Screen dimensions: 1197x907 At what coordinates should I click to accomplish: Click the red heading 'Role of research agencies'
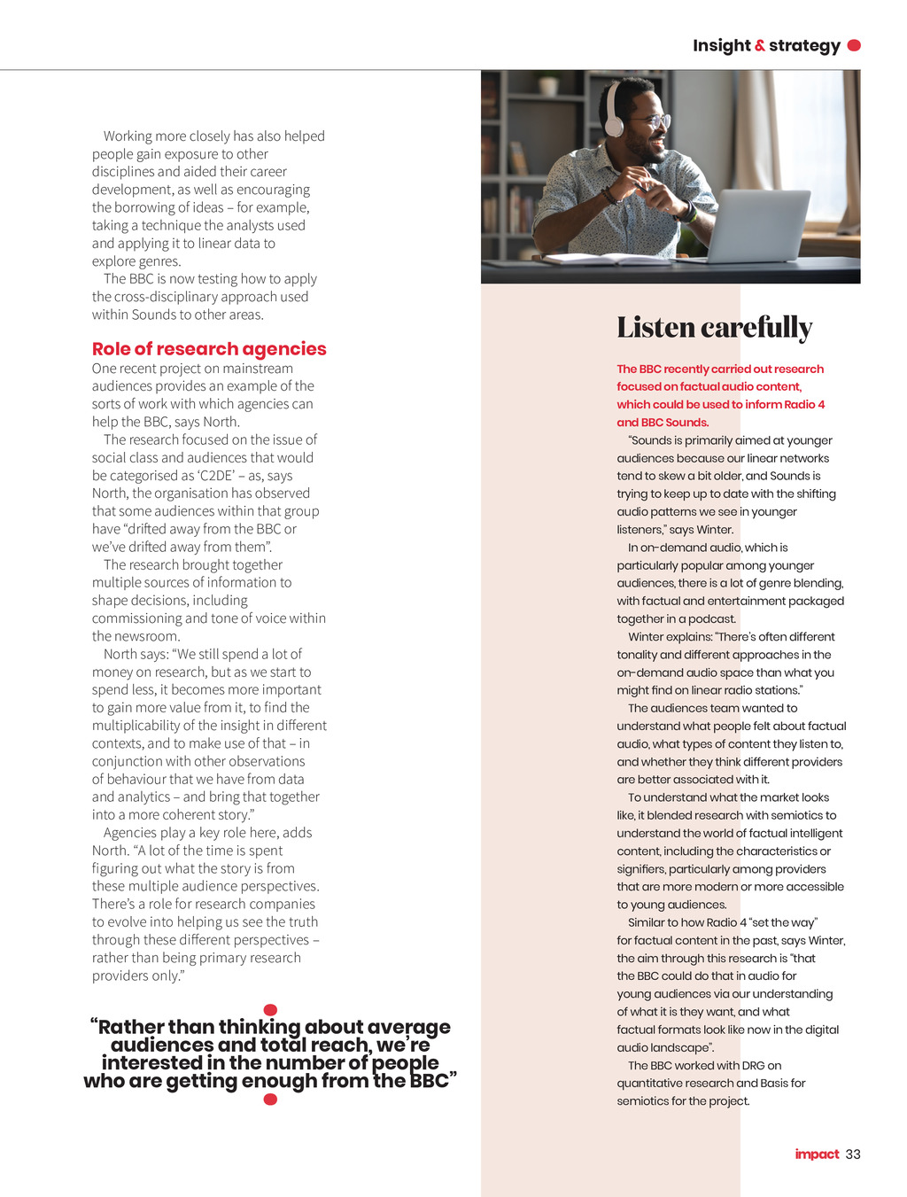pyautogui.click(x=209, y=349)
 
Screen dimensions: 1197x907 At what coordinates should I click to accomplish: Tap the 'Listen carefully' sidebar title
pyautogui.click(x=714, y=328)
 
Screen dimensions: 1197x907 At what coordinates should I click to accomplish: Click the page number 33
pyautogui.click(x=853, y=1154)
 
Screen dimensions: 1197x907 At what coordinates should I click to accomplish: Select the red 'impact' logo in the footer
pyautogui.click(x=817, y=1154)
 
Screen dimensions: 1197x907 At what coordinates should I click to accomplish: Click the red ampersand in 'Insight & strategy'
pyautogui.click(x=760, y=46)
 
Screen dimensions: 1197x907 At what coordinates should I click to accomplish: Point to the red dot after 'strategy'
pyautogui.click(x=854, y=45)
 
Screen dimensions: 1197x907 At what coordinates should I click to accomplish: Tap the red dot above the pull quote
pyautogui.click(x=271, y=1010)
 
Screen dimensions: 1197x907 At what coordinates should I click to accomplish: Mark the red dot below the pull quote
pyautogui.click(x=271, y=1100)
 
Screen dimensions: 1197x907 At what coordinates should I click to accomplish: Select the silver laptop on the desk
pyautogui.click(x=755, y=227)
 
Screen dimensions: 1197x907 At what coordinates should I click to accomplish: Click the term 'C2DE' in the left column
pyautogui.click(x=219, y=476)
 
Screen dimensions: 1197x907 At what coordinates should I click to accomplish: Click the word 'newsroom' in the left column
pyautogui.click(x=147, y=636)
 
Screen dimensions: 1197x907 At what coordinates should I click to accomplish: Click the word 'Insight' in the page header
pyautogui.click(x=722, y=46)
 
